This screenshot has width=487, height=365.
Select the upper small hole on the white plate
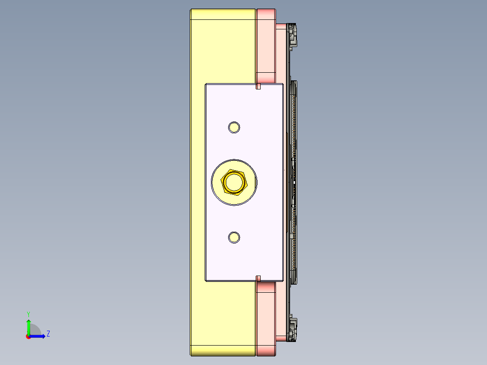(x=234, y=127)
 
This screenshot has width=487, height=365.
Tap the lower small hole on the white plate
(x=234, y=237)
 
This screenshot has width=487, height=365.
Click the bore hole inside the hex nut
(x=234, y=182)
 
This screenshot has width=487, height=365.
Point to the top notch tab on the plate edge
(x=259, y=86)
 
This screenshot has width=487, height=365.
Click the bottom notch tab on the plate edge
(x=259, y=278)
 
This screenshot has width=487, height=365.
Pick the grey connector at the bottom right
(x=293, y=329)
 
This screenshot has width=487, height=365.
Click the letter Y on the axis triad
(x=28, y=314)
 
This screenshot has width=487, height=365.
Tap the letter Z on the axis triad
(x=48, y=334)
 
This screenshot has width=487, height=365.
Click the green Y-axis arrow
(x=28, y=326)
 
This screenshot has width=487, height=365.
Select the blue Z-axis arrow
(x=38, y=336)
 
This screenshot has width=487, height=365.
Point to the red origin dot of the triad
(x=28, y=337)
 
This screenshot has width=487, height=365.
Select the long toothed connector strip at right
(x=294, y=181)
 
